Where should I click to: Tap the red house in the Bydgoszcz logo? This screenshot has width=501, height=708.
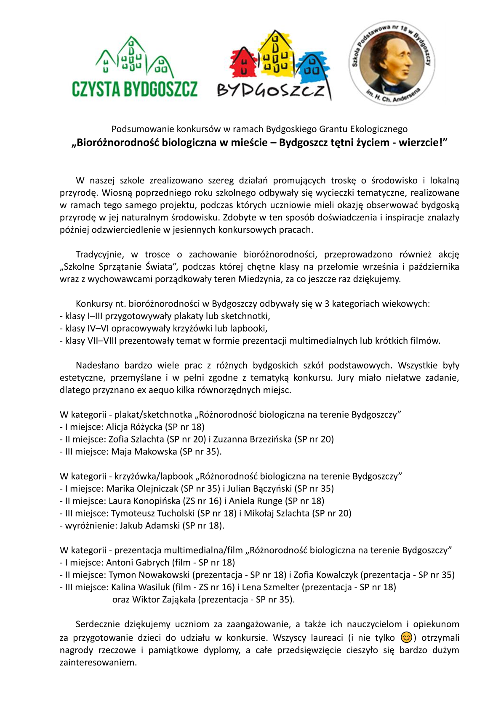tap(243, 63)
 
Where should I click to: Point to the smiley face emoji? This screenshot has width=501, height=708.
tap(406, 638)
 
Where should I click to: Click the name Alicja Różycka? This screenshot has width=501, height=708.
tap(134, 427)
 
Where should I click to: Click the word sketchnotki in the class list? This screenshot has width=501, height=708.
tap(245, 316)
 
